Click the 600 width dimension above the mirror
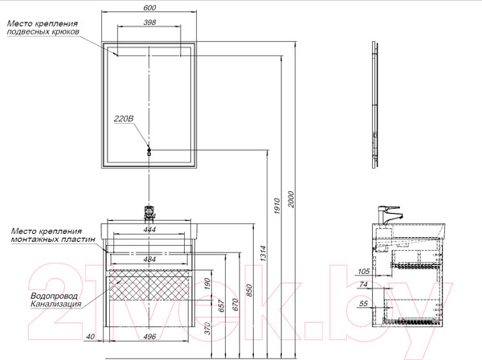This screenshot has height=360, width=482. [149, 7]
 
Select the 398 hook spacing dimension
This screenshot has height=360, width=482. [149, 22]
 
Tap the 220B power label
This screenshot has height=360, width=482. [124, 119]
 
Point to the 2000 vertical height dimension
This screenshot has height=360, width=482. [291, 199]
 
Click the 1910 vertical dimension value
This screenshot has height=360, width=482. [277, 206]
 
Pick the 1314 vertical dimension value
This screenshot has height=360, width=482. [263, 253]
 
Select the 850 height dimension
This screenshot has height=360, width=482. [249, 291]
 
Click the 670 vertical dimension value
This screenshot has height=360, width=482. [235, 305]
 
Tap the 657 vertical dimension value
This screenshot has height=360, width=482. [222, 305]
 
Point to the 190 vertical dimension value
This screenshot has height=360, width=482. [207, 284]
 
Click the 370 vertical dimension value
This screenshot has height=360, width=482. [207, 329]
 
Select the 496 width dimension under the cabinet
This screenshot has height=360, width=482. [149, 337]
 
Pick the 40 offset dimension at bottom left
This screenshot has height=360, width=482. [90, 337]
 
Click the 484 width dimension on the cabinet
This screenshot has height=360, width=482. [149, 260]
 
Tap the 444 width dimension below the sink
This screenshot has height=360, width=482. [149, 229]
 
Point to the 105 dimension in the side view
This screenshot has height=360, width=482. [364, 271]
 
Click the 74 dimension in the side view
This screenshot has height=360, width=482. [363, 284]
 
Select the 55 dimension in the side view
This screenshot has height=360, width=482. [363, 304]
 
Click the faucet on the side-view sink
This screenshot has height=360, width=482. [389, 215]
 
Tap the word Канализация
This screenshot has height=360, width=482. [56, 304]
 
